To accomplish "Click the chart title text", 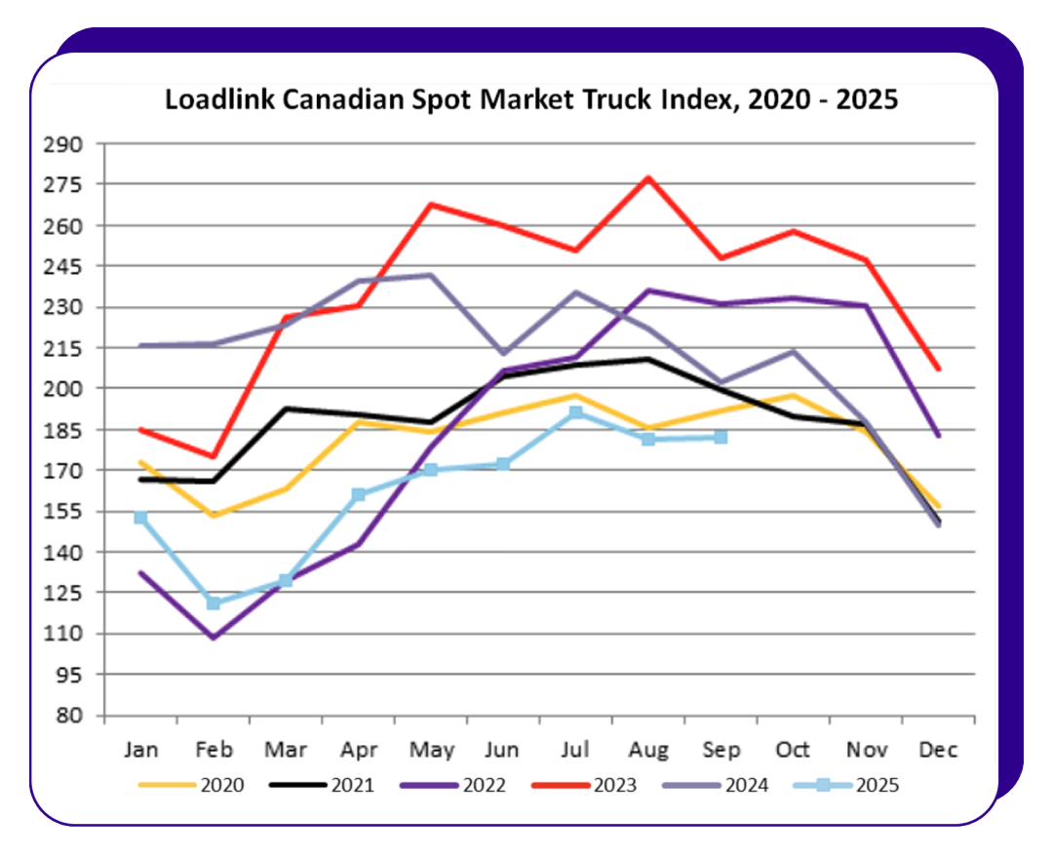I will [x=530, y=99].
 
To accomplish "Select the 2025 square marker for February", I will [x=214, y=604].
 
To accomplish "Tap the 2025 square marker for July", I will [x=576, y=412].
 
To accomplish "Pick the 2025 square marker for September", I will [x=721, y=437].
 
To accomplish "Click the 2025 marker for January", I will [x=140, y=518].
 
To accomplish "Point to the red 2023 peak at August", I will [x=648, y=178].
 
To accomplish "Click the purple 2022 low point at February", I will [x=214, y=638].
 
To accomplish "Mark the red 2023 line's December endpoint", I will [x=938, y=369].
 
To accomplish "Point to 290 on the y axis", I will [x=64, y=144].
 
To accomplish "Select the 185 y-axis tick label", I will [x=64, y=430].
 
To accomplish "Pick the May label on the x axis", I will [x=432, y=750].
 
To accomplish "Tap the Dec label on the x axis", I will [x=938, y=750].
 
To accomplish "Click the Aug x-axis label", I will [x=648, y=750].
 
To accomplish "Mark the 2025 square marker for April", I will [x=358, y=495].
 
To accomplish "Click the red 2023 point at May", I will [x=431, y=205].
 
